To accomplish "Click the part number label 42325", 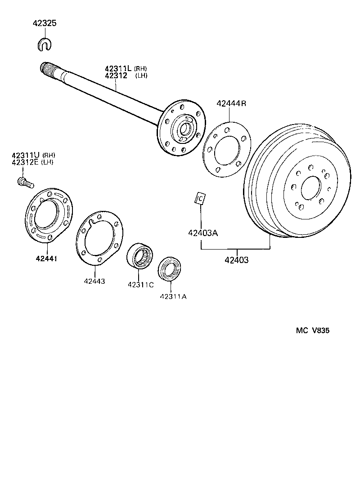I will coord(44,23).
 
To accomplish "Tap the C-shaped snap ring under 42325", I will coord(45,43).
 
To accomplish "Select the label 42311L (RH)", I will coord(126,68).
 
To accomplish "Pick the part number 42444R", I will coord(231,103).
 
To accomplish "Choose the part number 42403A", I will coord(202,233).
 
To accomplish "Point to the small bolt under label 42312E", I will coord(25,182).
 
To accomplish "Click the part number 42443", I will coord(94,281).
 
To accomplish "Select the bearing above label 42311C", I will coord(140,255).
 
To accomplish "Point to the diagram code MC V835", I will coord(312,330).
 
